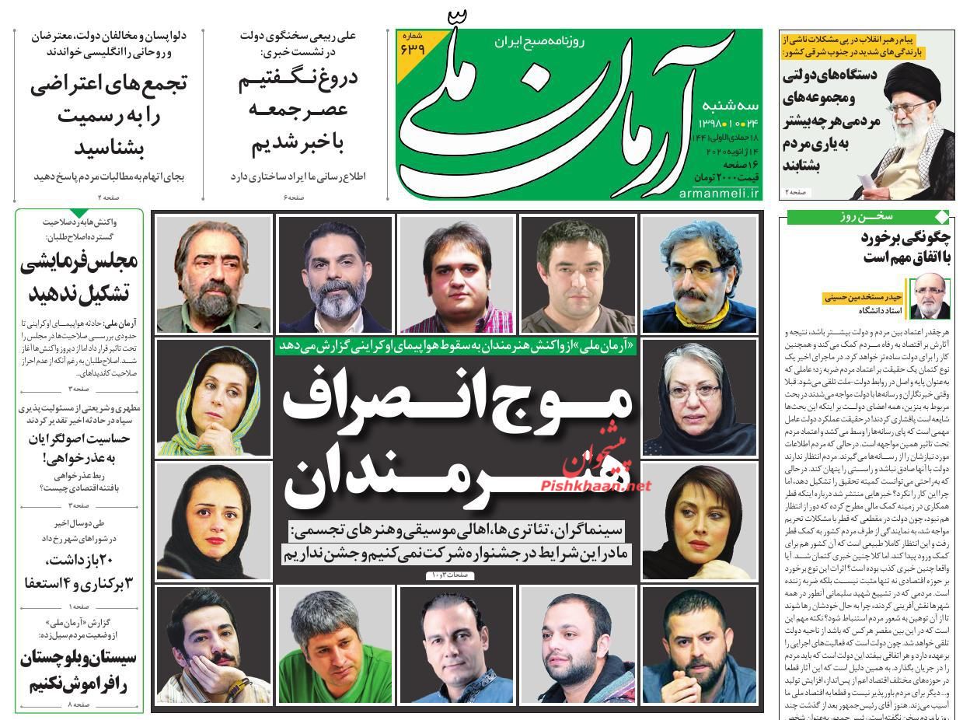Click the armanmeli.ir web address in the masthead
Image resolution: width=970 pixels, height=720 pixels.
(719, 193)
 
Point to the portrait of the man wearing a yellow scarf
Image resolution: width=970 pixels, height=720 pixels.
(700, 274)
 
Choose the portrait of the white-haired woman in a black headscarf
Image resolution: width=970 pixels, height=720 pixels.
(700, 397)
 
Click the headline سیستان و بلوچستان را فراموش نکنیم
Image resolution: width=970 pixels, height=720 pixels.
(77, 671)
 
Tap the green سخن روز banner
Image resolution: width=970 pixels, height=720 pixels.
(867, 217)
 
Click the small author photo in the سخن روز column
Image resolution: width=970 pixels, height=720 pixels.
(930, 298)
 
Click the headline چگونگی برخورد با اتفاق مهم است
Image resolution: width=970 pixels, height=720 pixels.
(905, 247)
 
